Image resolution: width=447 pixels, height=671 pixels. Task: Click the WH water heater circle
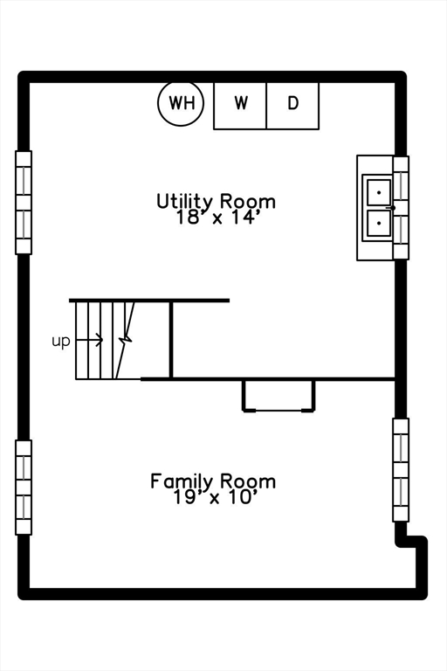(181, 103)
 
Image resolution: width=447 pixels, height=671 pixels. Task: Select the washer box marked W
(240, 106)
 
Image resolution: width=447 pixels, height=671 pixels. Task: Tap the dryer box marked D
(292, 106)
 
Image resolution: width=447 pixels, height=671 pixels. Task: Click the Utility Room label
(216, 201)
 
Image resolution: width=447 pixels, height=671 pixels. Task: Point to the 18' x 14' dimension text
(218, 218)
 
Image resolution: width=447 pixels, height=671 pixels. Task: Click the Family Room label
(213, 481)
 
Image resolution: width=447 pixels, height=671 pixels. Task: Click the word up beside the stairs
(60, 342)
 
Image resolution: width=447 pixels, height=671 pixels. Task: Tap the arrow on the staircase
(89, 340)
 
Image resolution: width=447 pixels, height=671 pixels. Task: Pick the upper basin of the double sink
(379, 192)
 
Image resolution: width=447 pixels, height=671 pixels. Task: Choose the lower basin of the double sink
(379, 223)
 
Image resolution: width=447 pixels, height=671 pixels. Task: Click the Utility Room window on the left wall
(24, 203)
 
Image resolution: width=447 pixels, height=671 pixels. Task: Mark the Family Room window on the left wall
(24, 488)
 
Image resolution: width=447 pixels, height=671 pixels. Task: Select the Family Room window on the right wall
(401, 470)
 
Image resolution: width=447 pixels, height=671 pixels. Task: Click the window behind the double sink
(401, 208)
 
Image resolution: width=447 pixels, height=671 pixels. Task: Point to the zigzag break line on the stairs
(126, 341)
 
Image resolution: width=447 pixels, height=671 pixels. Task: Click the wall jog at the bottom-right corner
(411, 542)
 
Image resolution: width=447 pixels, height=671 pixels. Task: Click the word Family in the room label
(181, 481)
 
